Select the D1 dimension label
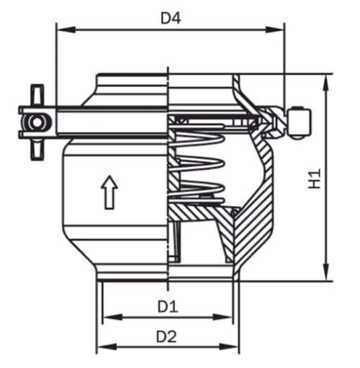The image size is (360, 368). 168,306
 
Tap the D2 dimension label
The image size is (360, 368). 167,336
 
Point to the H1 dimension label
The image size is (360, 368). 315,179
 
